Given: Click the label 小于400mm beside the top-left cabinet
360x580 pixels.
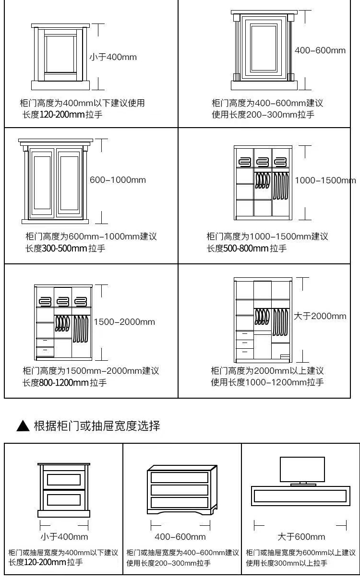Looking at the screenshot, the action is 113,57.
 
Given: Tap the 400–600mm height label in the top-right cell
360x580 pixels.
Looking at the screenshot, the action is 320,50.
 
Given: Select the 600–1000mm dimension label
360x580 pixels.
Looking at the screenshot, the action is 118,180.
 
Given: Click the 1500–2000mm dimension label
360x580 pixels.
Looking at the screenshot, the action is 124,322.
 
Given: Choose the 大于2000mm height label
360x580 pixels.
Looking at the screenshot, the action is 320,316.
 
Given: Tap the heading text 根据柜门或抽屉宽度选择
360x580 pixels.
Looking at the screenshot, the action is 96,426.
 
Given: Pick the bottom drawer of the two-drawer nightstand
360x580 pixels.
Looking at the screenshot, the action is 64,497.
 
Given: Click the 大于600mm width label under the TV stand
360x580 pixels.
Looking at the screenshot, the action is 301,536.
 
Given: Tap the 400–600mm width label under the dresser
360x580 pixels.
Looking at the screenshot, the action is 180,536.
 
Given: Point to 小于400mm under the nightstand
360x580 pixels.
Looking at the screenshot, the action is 64,536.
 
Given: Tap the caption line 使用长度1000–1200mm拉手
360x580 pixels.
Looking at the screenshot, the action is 267,382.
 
